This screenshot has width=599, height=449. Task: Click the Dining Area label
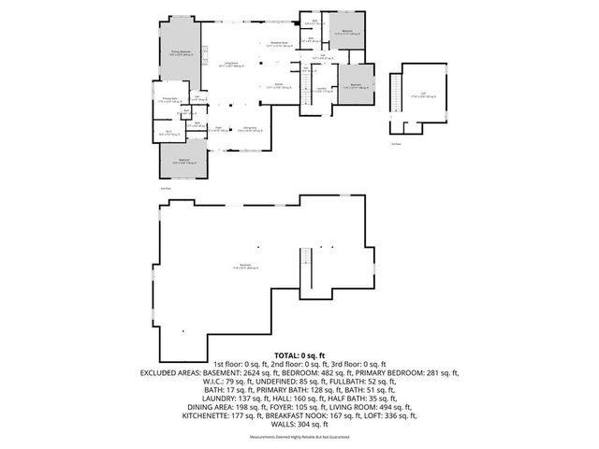click(249, 129)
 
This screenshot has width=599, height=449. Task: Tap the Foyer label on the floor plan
click(217, 129)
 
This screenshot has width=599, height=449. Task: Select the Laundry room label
click(322, 90)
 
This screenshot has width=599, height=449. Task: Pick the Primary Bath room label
click(170, 99)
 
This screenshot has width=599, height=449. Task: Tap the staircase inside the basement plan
click(304, 270)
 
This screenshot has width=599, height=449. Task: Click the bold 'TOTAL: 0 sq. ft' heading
click(299, 356)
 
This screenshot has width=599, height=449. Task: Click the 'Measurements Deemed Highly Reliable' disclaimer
click(299, 437)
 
